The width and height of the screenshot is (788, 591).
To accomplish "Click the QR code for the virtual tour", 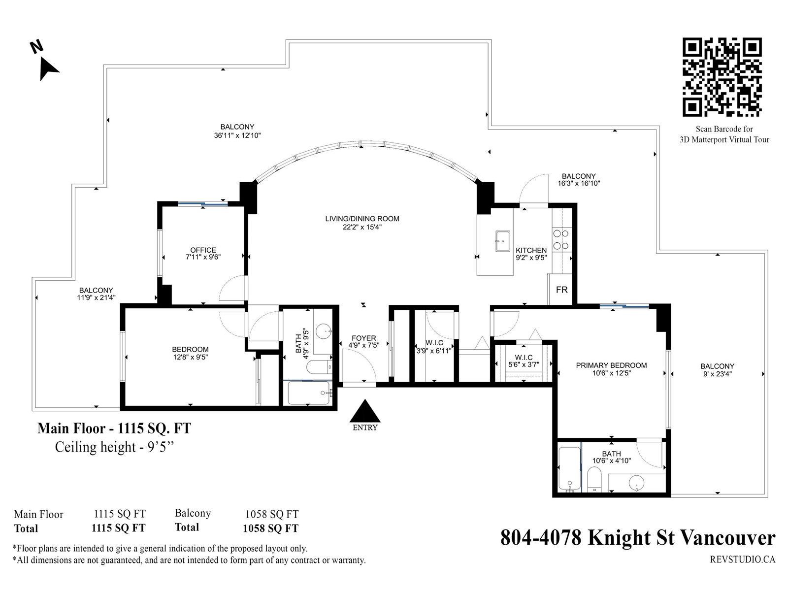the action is click(722, 77).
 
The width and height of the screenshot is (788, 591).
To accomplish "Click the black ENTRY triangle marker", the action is click(365, 411).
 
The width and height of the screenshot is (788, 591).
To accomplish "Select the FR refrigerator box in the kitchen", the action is click(561, 289).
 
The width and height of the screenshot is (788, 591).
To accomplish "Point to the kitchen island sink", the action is click(502, 241).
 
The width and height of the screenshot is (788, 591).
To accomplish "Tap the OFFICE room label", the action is click(203, 250).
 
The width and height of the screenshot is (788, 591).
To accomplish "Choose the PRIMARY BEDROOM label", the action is click(611, 365).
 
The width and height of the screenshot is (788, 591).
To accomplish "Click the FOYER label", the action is click(363, 338).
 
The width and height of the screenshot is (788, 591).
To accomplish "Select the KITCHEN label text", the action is click(531, 250).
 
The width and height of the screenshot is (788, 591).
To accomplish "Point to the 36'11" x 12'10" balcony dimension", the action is click(237, 135).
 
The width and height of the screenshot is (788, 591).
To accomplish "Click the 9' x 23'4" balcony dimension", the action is click(717, 373).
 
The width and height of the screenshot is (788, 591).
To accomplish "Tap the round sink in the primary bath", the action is click(636, 482).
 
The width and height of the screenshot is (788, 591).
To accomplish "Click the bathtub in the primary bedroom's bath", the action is click(569, 469).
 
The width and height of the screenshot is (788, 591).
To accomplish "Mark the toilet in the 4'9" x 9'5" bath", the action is click(319, 367).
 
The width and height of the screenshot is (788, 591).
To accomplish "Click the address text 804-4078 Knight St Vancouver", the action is click(638, 538).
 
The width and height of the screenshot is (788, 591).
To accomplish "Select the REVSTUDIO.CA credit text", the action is click(742, 559).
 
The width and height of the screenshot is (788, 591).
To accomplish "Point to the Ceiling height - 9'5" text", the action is click(114, 447).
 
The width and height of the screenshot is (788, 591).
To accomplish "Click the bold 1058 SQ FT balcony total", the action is click(271, 528).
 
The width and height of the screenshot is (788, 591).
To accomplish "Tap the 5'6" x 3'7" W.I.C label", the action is click(524, 364).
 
